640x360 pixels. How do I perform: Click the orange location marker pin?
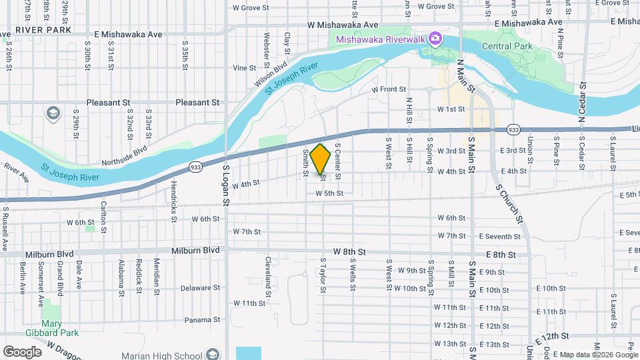(x=321, y=159)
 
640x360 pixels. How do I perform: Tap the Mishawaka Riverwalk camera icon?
(x=435, y=38)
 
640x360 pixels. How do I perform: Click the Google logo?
(x=22, y=351)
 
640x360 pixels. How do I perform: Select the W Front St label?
(x=389, y=89)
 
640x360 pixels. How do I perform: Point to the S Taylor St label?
(x=323, y=275)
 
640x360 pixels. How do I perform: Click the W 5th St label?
(x=329, y=193)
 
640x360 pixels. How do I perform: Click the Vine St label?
(x=245, y=67)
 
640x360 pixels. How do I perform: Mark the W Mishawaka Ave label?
(x=338, y=24)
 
